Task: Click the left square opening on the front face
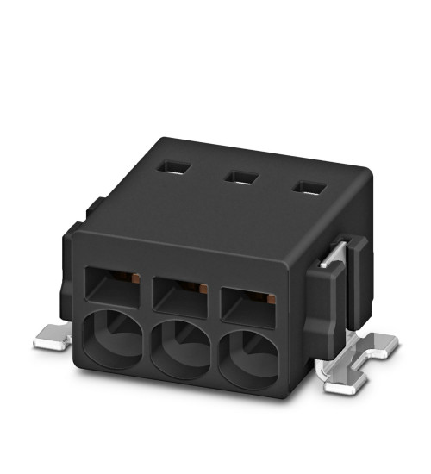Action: click(111, 286)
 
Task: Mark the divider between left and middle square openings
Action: click(147, 293)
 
